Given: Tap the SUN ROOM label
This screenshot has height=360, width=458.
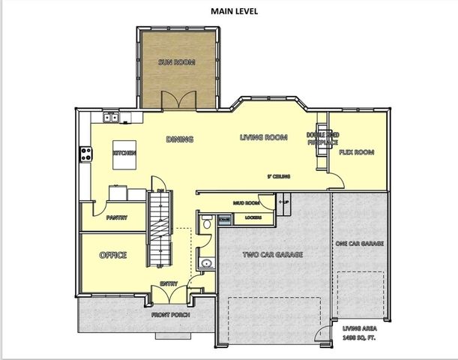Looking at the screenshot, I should [x=176, y=62].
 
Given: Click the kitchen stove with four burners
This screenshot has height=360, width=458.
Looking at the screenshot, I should [x=85, y=154].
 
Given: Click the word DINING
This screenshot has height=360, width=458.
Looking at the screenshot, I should [x=180, y=139].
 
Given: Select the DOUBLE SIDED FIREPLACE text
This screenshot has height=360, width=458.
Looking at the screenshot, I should [x=322, y=139].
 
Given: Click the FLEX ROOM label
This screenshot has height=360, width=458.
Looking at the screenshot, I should [x=356, y=152].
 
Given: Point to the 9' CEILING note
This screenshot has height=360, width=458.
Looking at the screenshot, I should [x=279, y=177].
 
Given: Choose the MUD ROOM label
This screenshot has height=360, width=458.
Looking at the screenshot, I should [x=246, y=202].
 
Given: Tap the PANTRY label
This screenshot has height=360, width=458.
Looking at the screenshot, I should [x=116, y=218].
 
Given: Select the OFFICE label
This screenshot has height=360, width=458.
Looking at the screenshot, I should [x=113, y=255].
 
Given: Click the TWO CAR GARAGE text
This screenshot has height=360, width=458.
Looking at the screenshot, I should [x=273, y=256].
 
